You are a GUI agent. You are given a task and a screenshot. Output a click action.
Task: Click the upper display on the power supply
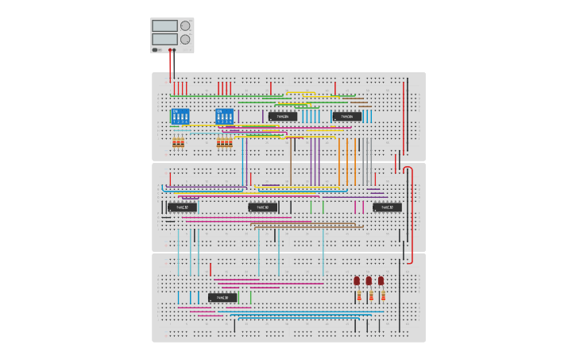[x=164, y=25]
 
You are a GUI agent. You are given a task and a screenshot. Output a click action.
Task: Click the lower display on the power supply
[x=164, y=38]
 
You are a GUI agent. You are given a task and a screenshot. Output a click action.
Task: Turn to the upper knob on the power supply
[x=185, y=25]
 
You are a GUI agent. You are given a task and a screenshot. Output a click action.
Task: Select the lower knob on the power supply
[x=185, y=39]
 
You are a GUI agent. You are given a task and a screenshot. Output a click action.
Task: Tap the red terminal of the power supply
[x=170, y=49]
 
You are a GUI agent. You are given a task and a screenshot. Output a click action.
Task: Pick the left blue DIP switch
[x=180, y=116]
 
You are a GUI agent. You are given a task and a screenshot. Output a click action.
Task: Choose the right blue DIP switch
[x=225, y=116]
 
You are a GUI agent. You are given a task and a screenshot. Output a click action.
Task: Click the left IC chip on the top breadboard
[x=283, y=116]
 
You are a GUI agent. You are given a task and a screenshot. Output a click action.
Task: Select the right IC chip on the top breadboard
[x=346, y=116]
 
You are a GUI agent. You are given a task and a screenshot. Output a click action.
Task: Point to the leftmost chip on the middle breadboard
[x=182, y=207]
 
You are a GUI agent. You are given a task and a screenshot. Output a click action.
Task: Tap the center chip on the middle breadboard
[x=263, y=207]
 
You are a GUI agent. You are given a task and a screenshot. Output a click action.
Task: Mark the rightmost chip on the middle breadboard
[x=387, y=207]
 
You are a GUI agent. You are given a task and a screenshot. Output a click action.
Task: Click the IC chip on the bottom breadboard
[x=222, y=298]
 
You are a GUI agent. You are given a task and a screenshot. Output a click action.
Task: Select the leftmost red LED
[x=357, y=281]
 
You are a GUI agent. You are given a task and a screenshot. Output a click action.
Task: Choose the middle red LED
[x=369, y=281]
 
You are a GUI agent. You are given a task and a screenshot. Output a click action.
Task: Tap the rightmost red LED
[x=381, y=281]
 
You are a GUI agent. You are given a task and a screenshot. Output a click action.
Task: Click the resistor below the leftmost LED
[x=358, y=296]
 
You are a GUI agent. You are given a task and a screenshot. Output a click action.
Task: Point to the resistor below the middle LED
[x=370, y=296]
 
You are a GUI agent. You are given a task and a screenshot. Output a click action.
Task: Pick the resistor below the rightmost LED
[x=383, y=296]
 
